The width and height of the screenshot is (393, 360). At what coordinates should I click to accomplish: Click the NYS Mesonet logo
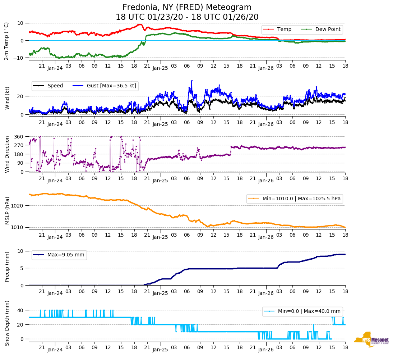tap(371, 340)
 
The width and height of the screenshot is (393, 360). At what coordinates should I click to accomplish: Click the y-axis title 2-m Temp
tap(6, 41)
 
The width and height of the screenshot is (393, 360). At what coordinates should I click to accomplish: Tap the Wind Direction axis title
tap(6, 154)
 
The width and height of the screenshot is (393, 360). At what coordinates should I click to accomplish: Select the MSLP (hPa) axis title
tap(6, 211)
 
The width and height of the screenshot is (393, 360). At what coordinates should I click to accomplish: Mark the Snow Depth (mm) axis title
tap(6, 323)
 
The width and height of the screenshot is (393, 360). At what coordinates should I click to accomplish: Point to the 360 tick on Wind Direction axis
tap(19, 137)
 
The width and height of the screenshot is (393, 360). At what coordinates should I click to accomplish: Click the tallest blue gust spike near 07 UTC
tap(192, 81)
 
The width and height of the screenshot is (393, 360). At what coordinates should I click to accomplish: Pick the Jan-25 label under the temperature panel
tap(160, 68)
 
